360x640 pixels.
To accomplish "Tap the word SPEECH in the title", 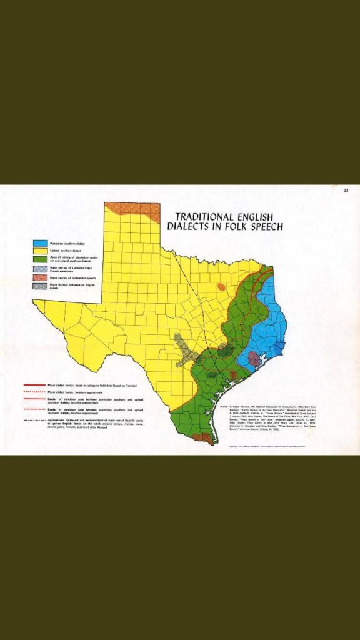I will (260, 226).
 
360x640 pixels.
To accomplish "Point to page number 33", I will (346, 191).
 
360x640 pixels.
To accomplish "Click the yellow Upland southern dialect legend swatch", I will (41, 250).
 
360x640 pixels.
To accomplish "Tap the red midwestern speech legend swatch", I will (41, 277).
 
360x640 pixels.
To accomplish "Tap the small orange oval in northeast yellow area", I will (221, 287).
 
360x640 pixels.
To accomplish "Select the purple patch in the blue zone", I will (254, 357).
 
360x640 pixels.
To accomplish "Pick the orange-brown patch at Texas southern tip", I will (201, 437).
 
